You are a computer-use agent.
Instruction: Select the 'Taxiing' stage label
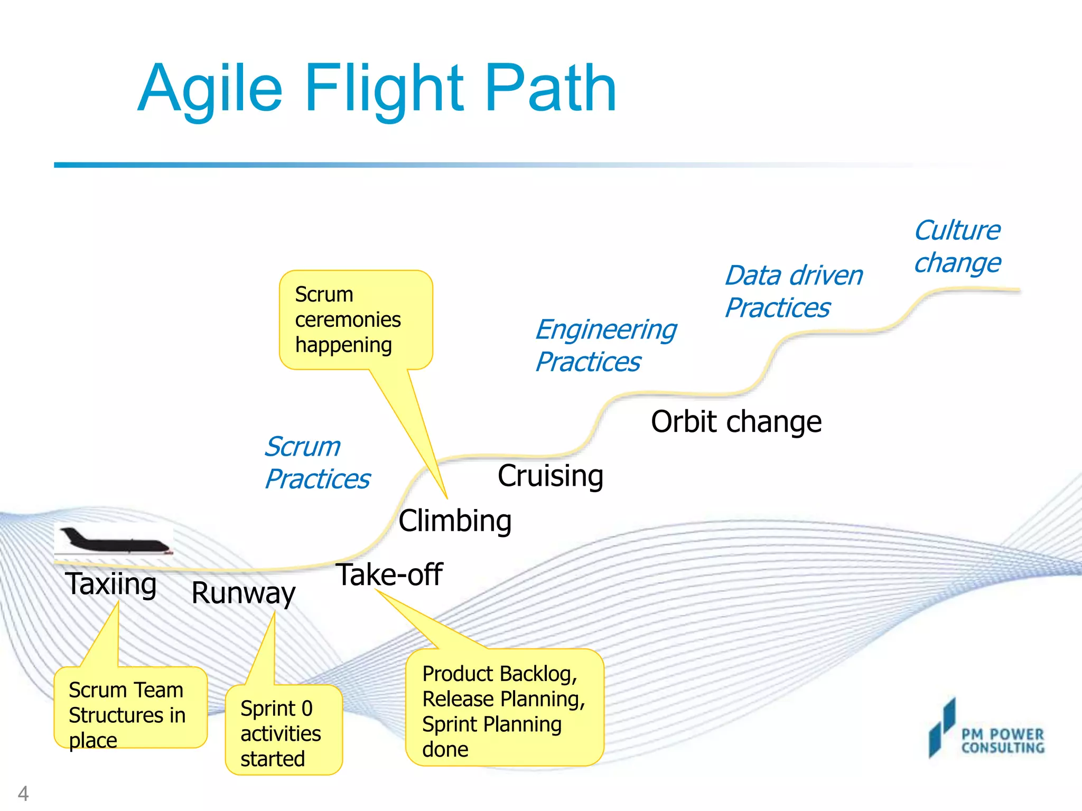pyautogui.click(x=111, y=584)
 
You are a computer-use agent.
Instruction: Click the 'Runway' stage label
pyautogui.click(x=243, y=592)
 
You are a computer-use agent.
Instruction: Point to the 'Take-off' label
pyautogui.click(x=389, y=574)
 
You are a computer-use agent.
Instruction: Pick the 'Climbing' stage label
pyautogui.click(x=455, y=521)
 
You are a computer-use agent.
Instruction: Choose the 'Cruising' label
pyautogui.click(x=550, y=475)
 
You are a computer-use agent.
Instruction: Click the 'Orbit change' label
pyautogui.click(x=736, y=421)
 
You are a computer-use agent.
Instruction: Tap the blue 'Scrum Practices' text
pyautogui.click(x=317, y=463)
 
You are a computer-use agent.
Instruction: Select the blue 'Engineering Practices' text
pyautogui.click(x=605, y=345)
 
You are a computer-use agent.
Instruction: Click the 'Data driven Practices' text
pyautogui.click(x=793, y=291)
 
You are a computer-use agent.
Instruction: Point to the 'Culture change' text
pyautogui.click(x=957, y=246)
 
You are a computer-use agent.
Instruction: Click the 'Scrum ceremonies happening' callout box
pyautogui.click(x=356, y=319)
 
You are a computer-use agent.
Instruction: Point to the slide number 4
pyautogui.click(x=23, y=793)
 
